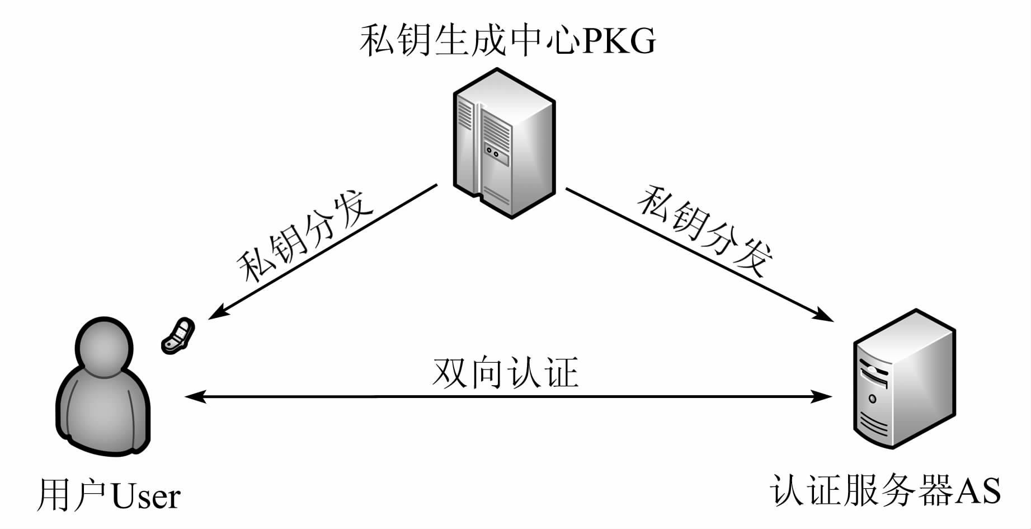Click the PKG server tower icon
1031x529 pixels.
[503, 143]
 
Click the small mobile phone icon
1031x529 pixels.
[178, 335]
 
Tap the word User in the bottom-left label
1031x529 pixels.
[146, 495]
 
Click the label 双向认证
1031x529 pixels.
[505, 372]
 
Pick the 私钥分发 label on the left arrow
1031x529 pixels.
[305, 236]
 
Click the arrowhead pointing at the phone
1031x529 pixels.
[215, 313]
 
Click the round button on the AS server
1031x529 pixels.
[872, 399]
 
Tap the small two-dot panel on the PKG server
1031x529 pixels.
[492, 151]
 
